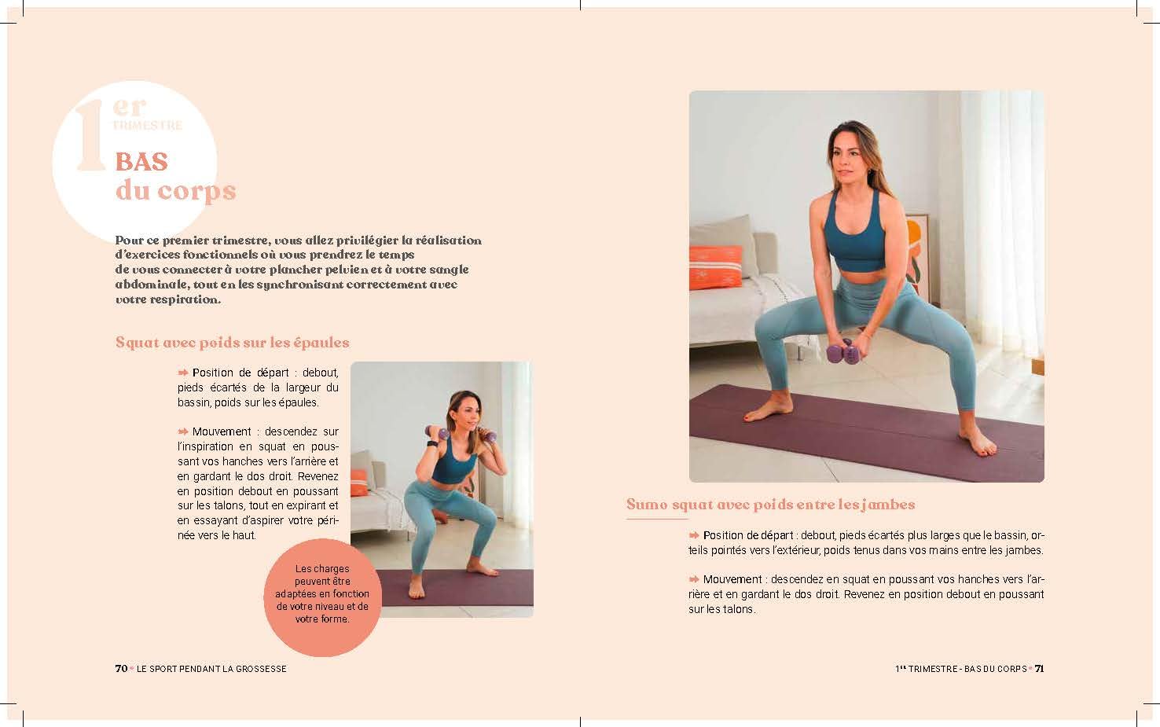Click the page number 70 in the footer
pos(121,669)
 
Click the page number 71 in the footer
pos(1039,669)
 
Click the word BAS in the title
pos(141,161)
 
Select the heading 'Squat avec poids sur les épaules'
pos(232,343)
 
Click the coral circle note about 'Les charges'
pos(322,596)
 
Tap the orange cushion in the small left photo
pos(358,483)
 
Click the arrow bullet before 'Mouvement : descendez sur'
pos(183,431)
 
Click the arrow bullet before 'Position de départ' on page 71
pos(694,535)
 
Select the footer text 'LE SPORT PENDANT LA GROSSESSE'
pos(211,669)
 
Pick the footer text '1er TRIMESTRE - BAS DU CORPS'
pos(960,669)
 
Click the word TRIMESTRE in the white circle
pos(147,125)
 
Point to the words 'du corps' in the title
pos(175,191)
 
